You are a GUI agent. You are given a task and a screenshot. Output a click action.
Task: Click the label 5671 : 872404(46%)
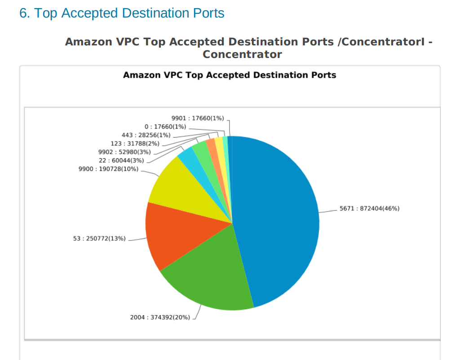point(369,209)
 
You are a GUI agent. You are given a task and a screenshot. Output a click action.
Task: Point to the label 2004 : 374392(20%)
point(160,317)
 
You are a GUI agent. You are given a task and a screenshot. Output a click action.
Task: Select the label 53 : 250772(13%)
point(99,238)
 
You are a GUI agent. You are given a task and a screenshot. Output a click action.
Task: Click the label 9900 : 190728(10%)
point(108,169)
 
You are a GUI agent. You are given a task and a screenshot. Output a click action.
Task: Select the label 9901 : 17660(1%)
point(198,118)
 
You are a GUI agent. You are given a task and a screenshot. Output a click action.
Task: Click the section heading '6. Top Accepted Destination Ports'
point(122,13)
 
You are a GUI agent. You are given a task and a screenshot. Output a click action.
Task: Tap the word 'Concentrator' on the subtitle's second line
point(242,55)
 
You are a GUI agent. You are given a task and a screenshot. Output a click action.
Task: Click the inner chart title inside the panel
point(230,75)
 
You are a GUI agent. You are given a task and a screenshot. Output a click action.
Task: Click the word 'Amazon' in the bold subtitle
point(88,42)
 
